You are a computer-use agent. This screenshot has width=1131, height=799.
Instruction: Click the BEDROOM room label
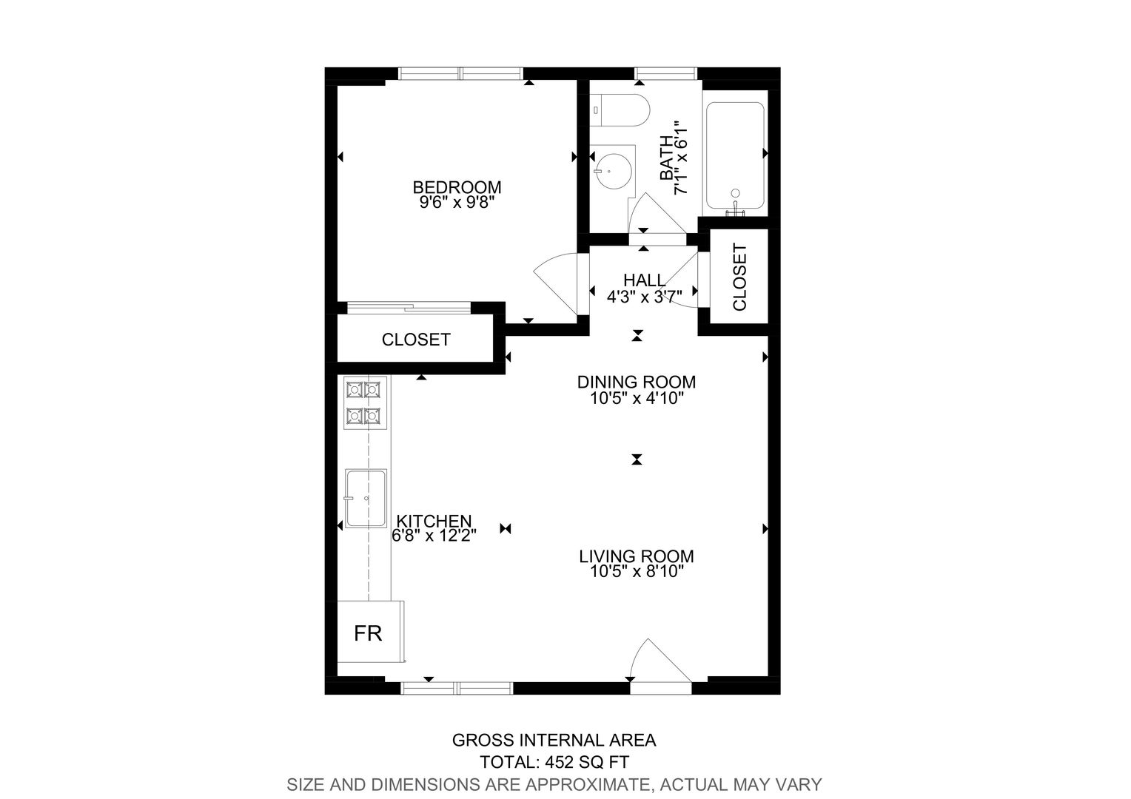(x=457, y=187)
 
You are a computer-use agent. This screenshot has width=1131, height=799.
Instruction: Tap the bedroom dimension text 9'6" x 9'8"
(x=457, y=203)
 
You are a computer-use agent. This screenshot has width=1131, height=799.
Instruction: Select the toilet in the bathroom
(x=620, y=110)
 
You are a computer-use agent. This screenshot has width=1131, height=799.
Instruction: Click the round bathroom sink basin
(x=613, y=171)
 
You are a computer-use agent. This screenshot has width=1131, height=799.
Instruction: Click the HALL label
(x=644, y=280)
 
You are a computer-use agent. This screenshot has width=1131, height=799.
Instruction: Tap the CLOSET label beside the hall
(x=739, y=277)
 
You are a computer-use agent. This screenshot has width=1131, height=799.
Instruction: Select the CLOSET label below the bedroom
(x=416, y=340)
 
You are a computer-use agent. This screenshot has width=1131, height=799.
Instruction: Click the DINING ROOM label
(x=637, y=382)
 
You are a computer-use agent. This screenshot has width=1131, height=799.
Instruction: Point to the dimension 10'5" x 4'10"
(x=637, y=398)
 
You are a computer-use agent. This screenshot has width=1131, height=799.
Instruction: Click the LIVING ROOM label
(x=637, y=556)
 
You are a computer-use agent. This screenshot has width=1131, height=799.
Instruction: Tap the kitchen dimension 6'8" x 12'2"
(x=434, y=535)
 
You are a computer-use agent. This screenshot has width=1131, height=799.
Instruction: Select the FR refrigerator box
(x=371, y=632)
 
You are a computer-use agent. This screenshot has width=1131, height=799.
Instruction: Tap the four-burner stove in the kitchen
(x=366, y=402)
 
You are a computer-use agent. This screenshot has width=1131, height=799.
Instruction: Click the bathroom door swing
(x=657, y=214)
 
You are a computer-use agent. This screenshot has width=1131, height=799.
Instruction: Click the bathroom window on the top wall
(x=666, y=73)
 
